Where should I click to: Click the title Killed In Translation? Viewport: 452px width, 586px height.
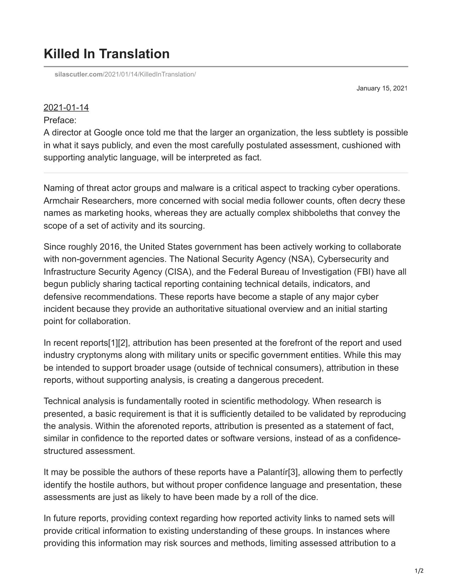coord(106,54)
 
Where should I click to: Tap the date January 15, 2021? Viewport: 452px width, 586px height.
coord(382,88)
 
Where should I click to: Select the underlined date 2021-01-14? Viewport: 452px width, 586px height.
coord(66,108)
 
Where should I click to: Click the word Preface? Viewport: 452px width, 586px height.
coord(60,120)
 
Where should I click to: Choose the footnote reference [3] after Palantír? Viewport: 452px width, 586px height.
coord(293,472)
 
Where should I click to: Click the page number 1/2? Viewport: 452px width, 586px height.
coord(419,571)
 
